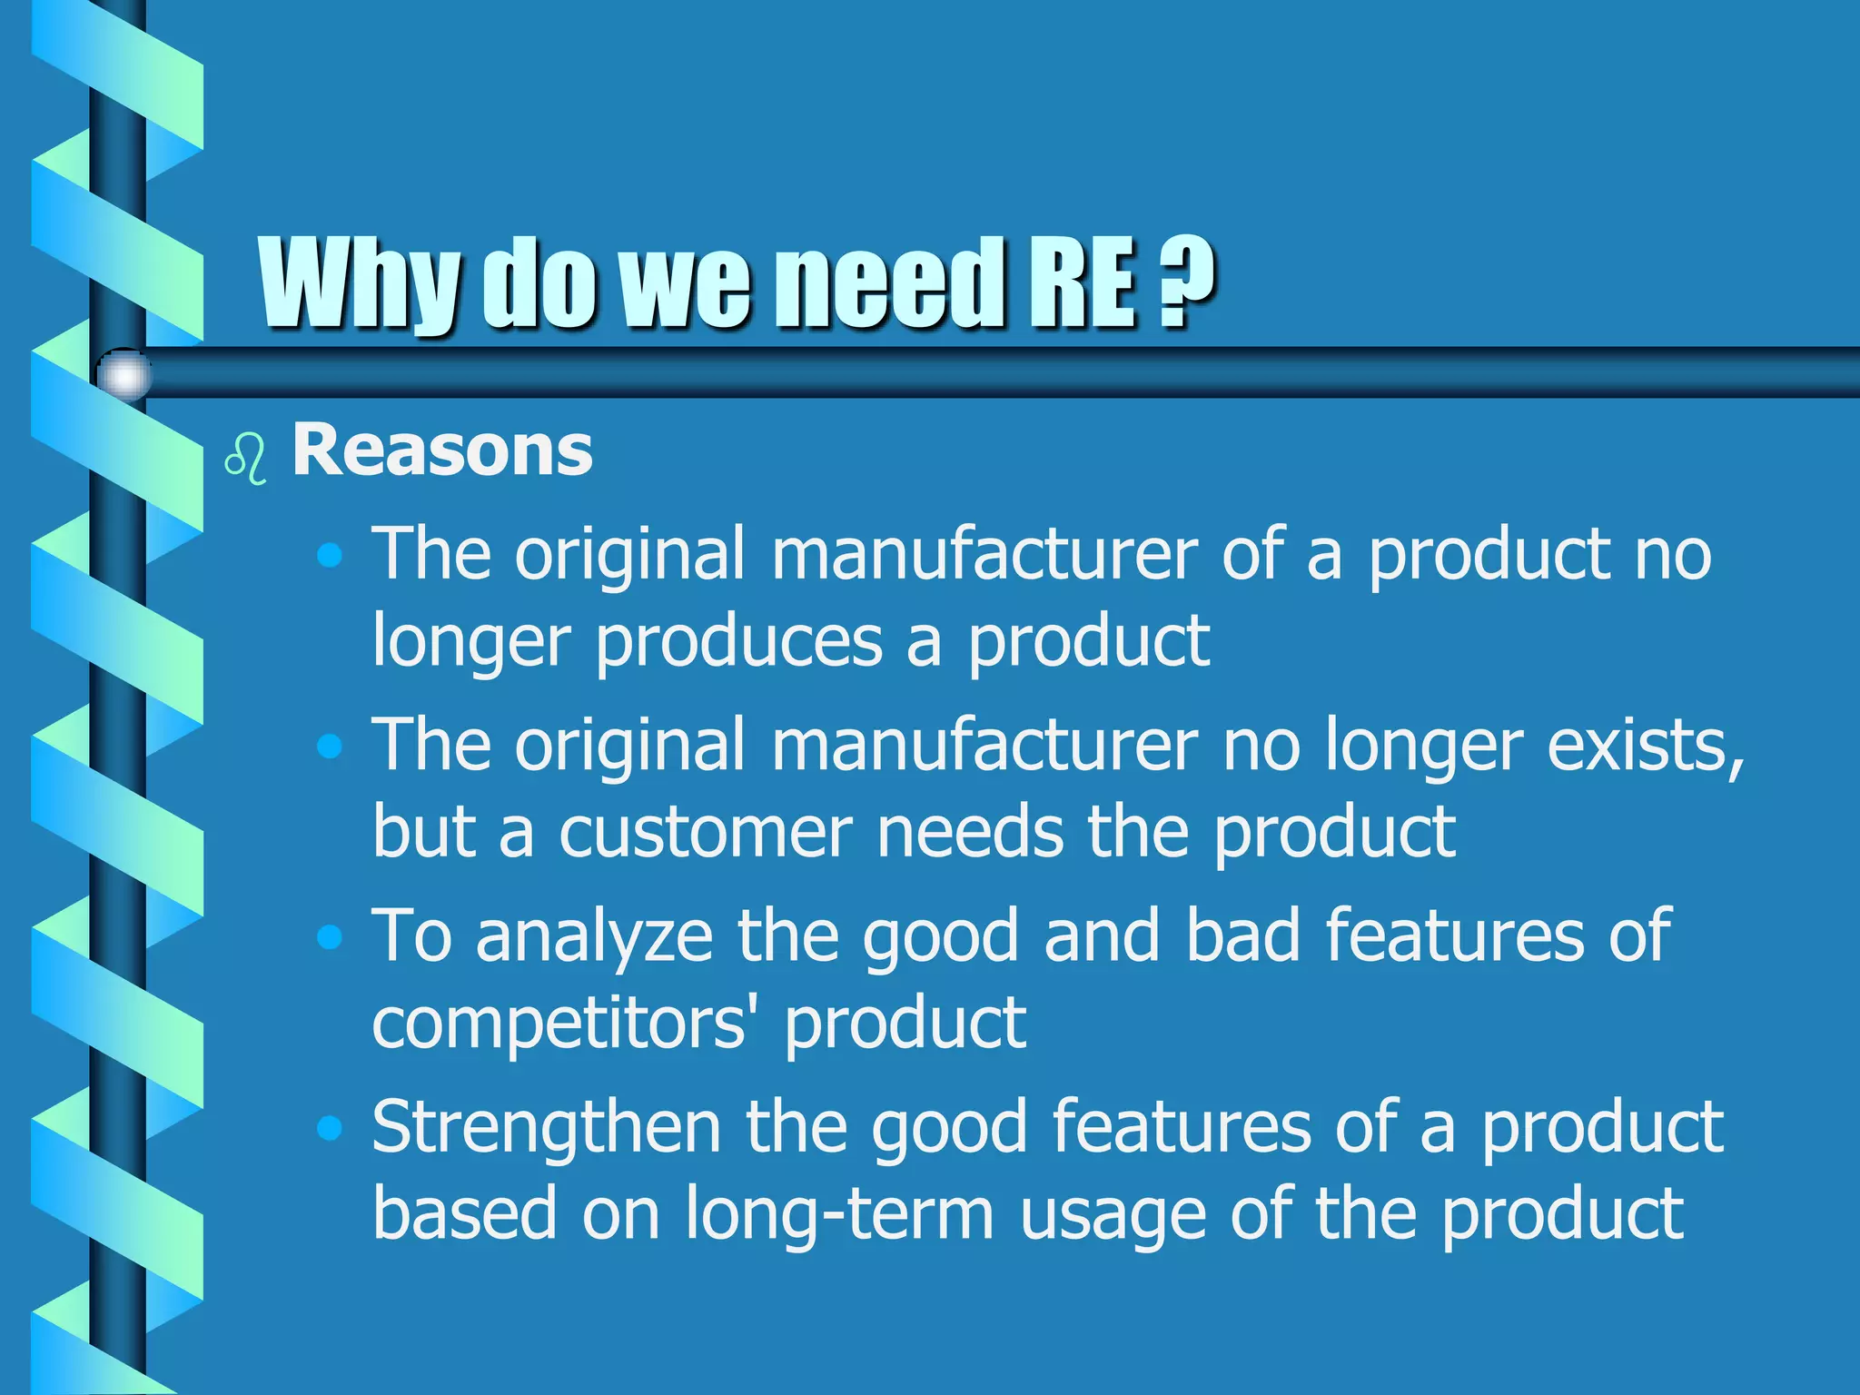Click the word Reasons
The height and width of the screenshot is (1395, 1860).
pos(441,450)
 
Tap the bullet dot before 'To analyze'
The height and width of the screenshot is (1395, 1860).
pos(330,936)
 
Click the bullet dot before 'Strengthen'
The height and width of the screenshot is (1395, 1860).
pos(330,1128)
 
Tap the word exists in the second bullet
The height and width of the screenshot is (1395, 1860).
pos(1644,746)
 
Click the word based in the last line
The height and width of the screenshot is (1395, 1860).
pos(464,1214)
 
